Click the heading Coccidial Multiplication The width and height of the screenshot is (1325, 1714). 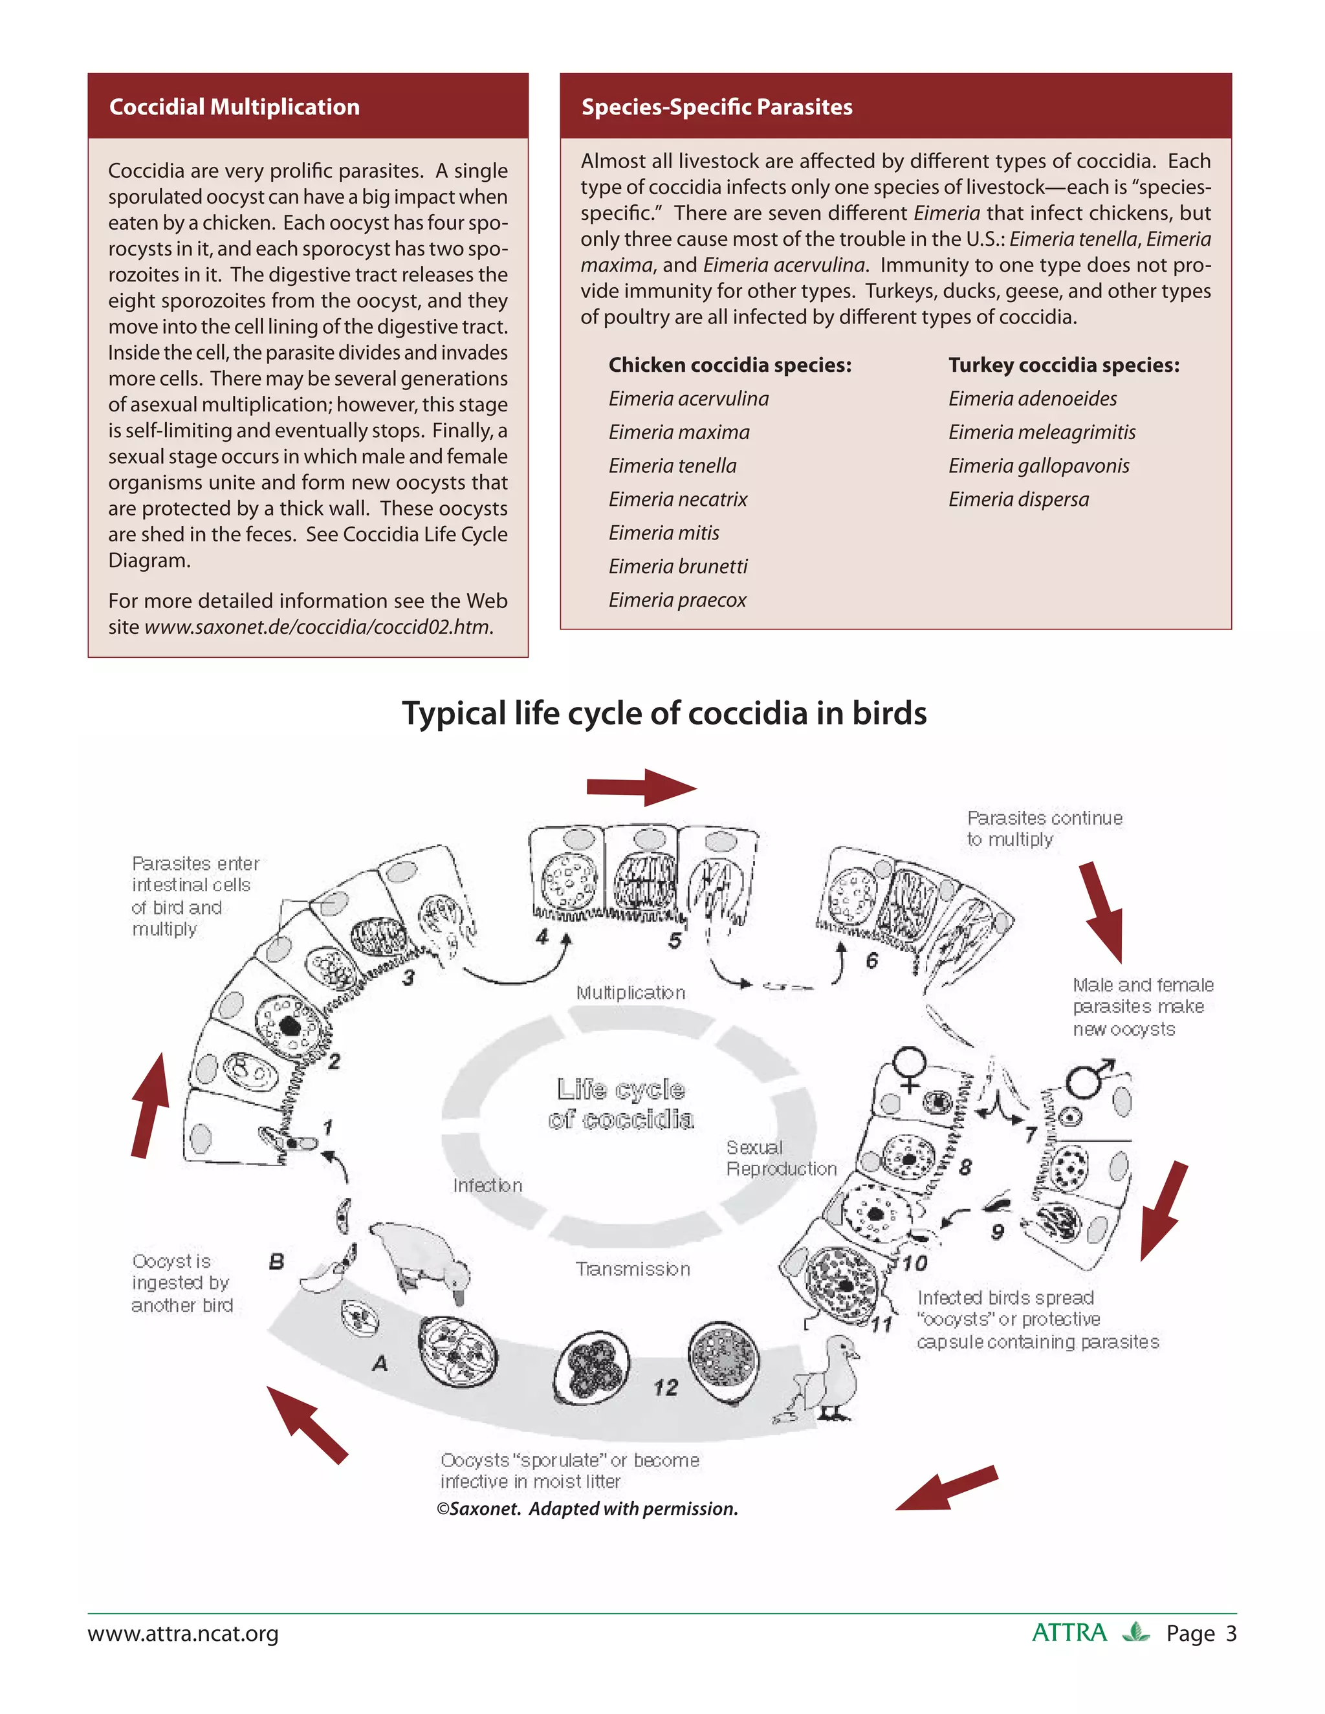tap(234, 107)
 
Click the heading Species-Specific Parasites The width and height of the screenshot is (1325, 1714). tap(716, 107)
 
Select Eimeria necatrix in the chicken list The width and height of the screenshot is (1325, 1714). tap(677, 499)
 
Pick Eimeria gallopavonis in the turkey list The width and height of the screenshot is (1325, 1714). tap(1038, 466)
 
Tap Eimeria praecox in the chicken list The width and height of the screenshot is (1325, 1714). tap(677, 600)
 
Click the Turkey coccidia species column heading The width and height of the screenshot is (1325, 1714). tap(1063, 365)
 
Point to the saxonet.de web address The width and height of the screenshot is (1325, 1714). tap(318, 627)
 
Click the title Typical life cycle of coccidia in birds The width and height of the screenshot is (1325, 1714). tap(663, 713)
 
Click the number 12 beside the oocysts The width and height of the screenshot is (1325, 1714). tap(665, 1387)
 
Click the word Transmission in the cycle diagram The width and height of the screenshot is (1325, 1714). tap(633, 1269)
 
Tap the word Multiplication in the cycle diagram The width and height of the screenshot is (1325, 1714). tap(630, 993)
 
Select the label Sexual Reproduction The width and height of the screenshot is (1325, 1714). tap(780, 1158)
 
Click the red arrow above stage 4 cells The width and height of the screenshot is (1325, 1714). tap(641, 787)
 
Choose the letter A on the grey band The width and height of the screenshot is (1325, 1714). tap(380, 1363)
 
